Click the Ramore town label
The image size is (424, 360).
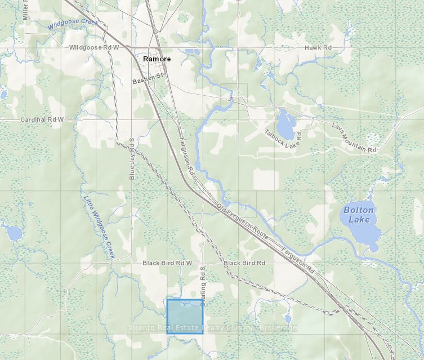pyautogui.click(x=157, y=59)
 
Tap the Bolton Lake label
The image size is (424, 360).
pyautogui.click(x=359, y=215)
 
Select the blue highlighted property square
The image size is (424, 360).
pyautogui.click(x=185, y=316)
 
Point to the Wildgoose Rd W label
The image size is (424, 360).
pyautogui.click(x=94, y=48)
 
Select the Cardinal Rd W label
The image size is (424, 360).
pyautogui.click(x=42, y=120)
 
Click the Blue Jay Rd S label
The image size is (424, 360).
pyautogui.click(x=132, y=158)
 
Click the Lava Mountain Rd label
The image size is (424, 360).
pyautogui.click(x=354, y=138)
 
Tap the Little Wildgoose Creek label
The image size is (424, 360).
pyautogui.click(x=99, y=226)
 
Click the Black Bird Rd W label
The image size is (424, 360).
pyautogui.click(x=167, y=263)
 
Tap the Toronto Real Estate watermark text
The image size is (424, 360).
pyautogui.click(x=212, y=328)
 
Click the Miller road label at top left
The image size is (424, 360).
pyautogui.click(x=25, y=10)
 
